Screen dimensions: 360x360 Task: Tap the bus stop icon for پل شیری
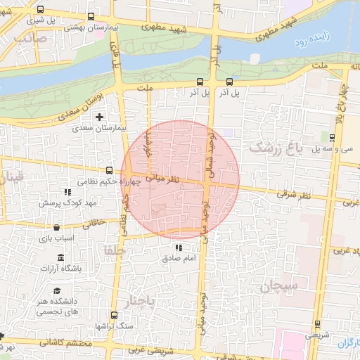coord(39,10)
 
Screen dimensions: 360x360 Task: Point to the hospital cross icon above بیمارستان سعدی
coord(99,117)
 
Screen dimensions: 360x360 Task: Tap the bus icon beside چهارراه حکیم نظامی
coord(109,170)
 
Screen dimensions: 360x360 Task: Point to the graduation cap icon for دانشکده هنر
coord(56,291)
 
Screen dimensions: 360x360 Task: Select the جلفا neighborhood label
coord(114,250)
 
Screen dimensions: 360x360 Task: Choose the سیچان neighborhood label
coord(279,287)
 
